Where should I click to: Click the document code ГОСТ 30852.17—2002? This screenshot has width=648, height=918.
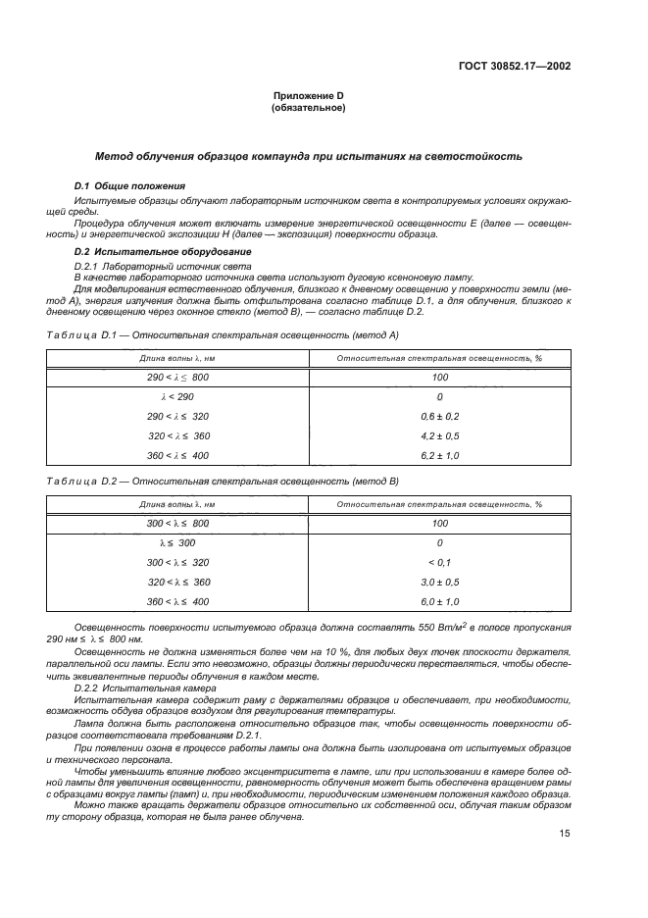[514, 67]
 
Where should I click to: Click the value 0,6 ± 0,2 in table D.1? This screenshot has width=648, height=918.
[439, 417]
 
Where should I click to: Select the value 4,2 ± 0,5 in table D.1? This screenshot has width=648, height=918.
[439, 435]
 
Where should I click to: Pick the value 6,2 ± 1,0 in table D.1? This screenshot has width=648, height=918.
[439, 455]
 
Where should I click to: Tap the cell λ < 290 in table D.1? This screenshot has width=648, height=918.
[177, 397]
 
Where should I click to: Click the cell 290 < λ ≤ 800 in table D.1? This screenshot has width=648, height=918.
[177, 377]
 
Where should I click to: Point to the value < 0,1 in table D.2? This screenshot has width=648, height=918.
[439, 562]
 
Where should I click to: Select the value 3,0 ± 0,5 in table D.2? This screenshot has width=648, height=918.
[439, 582]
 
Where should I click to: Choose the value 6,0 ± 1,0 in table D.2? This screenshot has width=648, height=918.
[439, 601]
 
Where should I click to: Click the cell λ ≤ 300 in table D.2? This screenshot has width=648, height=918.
[177, 542]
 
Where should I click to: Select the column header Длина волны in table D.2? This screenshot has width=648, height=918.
[177, 504]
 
